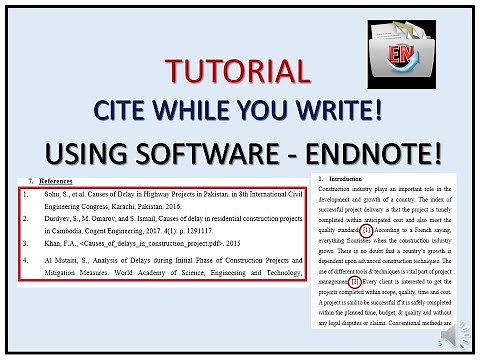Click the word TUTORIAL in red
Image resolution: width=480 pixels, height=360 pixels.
click(238, 71)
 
